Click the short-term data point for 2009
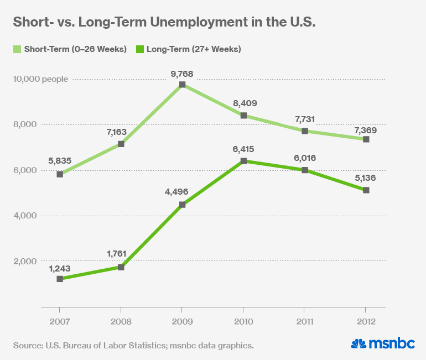click(x=182, y=85)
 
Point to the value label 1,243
click(x=60, y=267)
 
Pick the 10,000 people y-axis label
click(x=41, y=79)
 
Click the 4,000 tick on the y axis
click(x=24, y=216)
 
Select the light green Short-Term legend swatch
click(x=17, y=49)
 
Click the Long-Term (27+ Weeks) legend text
click(x=194, y=49)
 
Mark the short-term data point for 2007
click(x=60, y=174)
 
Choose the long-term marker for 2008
click(x=121, y=267)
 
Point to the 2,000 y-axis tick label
click(x=24, y=261)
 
